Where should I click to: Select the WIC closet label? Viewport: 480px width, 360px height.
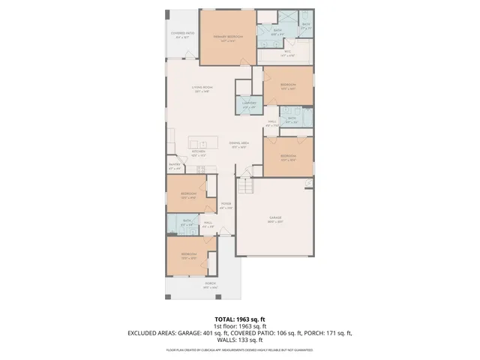(287, 54)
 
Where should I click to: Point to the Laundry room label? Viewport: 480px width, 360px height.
(250, 104)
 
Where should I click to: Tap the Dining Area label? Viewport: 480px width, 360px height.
(239, 145)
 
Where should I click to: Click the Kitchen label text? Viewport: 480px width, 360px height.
(198, 153)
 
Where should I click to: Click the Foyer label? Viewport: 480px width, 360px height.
(225, 205)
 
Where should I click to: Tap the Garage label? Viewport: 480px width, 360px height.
(275, 220)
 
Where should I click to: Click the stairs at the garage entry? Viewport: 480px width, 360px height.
(247, 187)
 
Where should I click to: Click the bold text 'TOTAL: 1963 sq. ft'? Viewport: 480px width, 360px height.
(239, 319)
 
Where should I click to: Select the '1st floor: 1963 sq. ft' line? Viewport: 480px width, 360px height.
(239, 326)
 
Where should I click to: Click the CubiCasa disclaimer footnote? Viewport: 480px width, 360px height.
(239, 349)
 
